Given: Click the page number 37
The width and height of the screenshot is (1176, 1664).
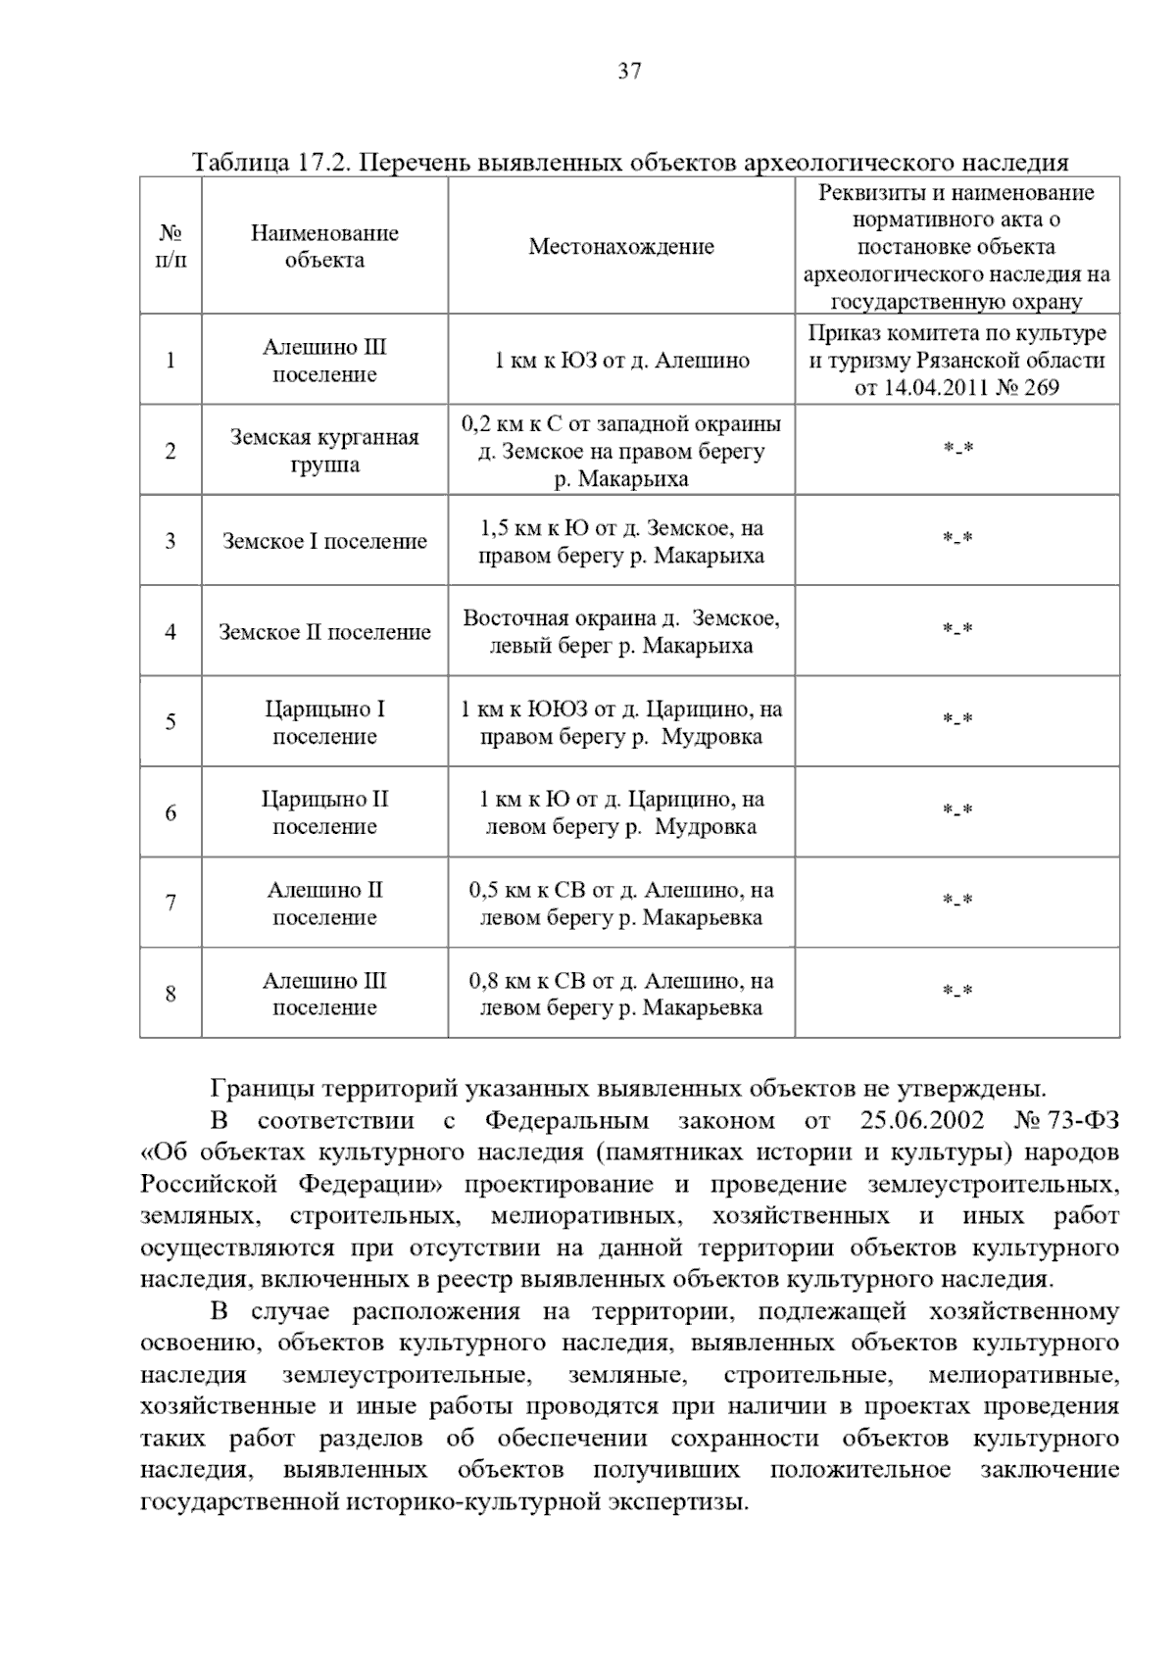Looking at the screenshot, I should click(x=629, y=71).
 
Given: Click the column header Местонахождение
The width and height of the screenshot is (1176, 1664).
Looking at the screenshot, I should click(x=621, y=247).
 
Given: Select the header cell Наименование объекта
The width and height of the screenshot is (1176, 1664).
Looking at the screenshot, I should click(x=324, y=247).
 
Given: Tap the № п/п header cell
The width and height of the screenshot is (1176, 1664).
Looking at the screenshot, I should click(x=171, y=247).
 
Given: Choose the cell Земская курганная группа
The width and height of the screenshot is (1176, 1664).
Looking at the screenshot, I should click(x=324, y=451).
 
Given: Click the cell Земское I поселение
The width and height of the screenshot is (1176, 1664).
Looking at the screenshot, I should click(x=324, y=541).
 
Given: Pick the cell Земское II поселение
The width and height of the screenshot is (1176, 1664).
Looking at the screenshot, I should click(x=324, y=632).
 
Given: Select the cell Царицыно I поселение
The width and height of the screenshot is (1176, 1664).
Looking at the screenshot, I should click(x=324, y=722).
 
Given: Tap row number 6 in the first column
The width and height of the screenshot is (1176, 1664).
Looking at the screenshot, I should click(x=171, y=813).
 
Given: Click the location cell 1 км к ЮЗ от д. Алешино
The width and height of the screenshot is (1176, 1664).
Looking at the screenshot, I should click(x=621, y=361).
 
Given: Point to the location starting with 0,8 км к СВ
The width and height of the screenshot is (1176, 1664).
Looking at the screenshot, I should click(x=621, y=994).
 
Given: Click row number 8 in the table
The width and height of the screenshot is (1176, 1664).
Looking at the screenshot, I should click(x=171, y=994).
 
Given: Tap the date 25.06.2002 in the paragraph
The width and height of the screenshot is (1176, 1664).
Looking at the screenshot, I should click(x=923, y=1121).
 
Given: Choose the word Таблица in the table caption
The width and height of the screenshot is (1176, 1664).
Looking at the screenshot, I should click(x=239, y=162).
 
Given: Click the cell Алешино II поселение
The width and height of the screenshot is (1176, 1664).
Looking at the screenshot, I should click(x=324, y=904).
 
